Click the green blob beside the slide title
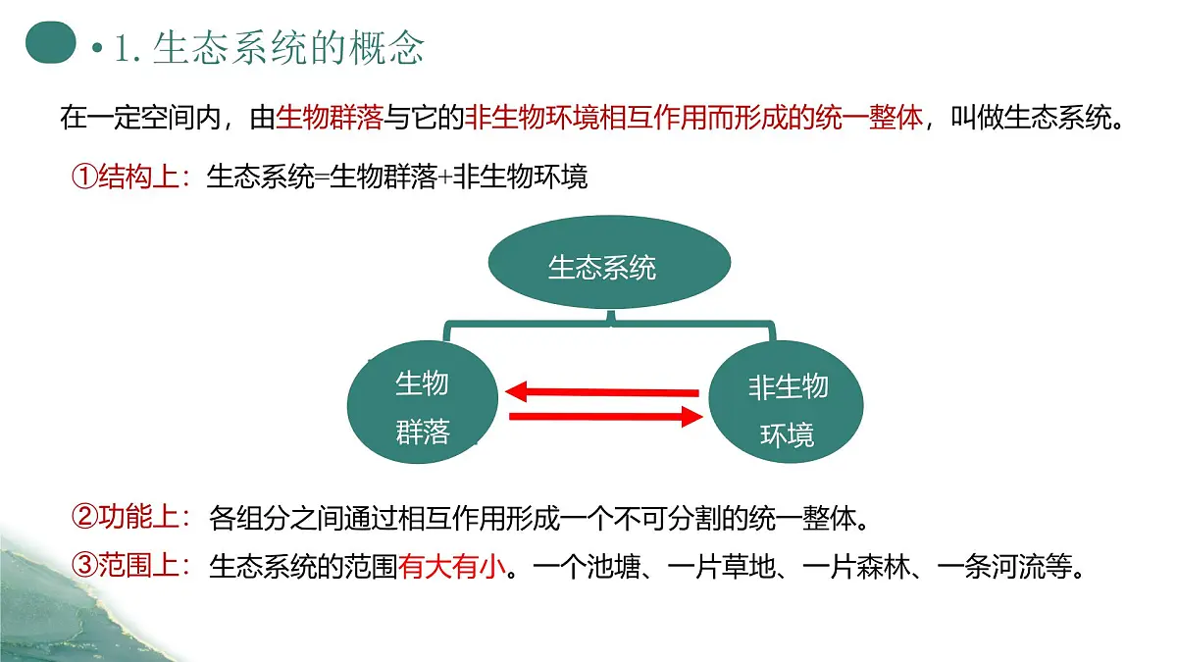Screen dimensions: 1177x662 50,42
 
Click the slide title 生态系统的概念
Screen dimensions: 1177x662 288,48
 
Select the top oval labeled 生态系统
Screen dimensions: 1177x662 609,262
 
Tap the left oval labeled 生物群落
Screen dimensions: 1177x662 423,402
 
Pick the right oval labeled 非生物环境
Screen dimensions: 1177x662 786,402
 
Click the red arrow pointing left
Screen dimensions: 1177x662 602,392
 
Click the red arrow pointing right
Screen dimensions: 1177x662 606,417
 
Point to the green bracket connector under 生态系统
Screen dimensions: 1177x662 609,324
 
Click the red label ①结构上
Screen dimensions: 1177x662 131,177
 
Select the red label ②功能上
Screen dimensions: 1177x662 131,517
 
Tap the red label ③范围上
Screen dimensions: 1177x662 131,566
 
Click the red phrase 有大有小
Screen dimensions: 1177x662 452,567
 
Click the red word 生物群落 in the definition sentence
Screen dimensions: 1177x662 330,117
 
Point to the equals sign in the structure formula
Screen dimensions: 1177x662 322,178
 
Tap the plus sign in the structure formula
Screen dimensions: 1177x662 444,178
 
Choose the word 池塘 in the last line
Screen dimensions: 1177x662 614,567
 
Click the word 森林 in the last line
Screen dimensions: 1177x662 884,567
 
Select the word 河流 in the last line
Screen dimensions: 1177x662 1019,567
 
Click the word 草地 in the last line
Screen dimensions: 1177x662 748,567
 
